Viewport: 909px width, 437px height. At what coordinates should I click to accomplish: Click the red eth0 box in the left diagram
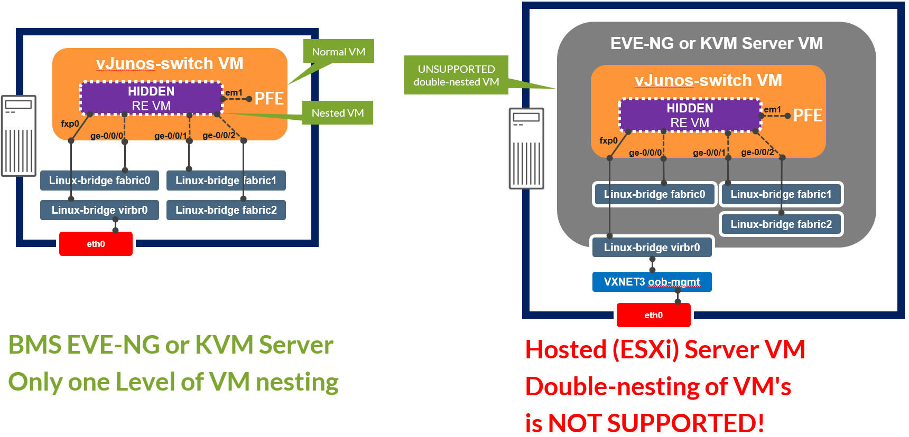pos(96,244)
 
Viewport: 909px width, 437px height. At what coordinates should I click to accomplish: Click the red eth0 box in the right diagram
pos(653,315)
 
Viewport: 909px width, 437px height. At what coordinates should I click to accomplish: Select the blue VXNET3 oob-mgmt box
pos(652,282)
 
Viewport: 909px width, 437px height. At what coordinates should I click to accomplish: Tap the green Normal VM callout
pos(338,52)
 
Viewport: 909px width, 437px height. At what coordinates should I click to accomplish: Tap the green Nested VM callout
pos(338,113)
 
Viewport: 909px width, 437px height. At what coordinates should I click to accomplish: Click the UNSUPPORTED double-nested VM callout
pos(456,75)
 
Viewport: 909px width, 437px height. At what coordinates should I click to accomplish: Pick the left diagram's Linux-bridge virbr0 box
pos(99,210)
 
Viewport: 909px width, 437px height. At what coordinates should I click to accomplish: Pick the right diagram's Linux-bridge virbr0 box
pos(652,248)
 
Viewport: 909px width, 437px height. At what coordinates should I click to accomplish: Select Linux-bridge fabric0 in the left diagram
pos(99,180)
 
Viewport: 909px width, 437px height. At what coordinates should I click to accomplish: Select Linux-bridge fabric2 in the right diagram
pos(781,224)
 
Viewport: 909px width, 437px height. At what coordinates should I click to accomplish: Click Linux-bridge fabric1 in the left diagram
pos(226,180)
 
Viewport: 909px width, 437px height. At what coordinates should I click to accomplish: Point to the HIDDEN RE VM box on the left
pos(151,99)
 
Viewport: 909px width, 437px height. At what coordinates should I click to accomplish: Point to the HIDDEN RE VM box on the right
pos(690,116)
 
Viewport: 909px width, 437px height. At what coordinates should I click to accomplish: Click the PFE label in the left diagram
pos(269,99)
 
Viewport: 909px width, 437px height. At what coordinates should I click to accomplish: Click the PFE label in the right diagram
pos(808,116)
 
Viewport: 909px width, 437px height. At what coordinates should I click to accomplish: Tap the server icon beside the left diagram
pos(19,136)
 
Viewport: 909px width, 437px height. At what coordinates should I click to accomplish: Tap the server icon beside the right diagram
pos(526,148)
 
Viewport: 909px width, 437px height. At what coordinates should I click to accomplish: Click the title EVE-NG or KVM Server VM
pos(716,43)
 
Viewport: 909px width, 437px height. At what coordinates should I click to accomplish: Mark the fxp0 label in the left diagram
pos(70,123)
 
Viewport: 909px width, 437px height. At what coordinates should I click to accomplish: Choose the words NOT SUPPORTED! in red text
pos(656,423)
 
